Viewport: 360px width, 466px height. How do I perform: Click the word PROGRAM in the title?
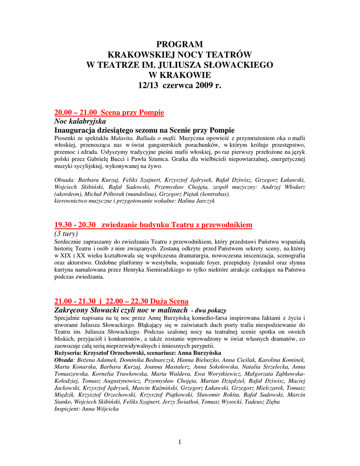[x=180, y=44]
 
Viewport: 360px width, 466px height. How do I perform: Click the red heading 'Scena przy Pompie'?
[x=132, y=112]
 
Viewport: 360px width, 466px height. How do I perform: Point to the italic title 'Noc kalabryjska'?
[x=80, y=121]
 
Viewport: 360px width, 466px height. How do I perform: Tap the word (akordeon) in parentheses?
[x=68, y=194]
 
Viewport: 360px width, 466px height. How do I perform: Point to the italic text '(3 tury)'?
[x=66, y=233]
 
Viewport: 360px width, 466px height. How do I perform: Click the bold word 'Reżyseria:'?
[x=68, y=353]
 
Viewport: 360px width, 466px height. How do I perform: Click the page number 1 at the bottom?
[x=180, y=442]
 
